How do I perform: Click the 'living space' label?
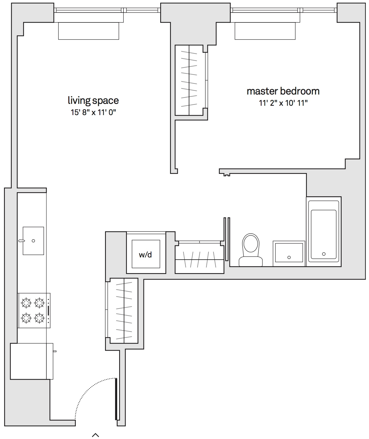93,101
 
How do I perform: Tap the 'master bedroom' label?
283,91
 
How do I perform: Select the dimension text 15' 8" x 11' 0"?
93,112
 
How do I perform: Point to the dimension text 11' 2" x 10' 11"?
283,103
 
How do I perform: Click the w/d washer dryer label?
145,255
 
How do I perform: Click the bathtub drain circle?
324,254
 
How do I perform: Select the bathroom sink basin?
289,252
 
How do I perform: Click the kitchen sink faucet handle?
22,241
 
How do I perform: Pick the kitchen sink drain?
33,241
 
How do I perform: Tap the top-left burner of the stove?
26,303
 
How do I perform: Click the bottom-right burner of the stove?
39,318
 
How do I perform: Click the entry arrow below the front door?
95,435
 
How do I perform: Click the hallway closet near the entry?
124,311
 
